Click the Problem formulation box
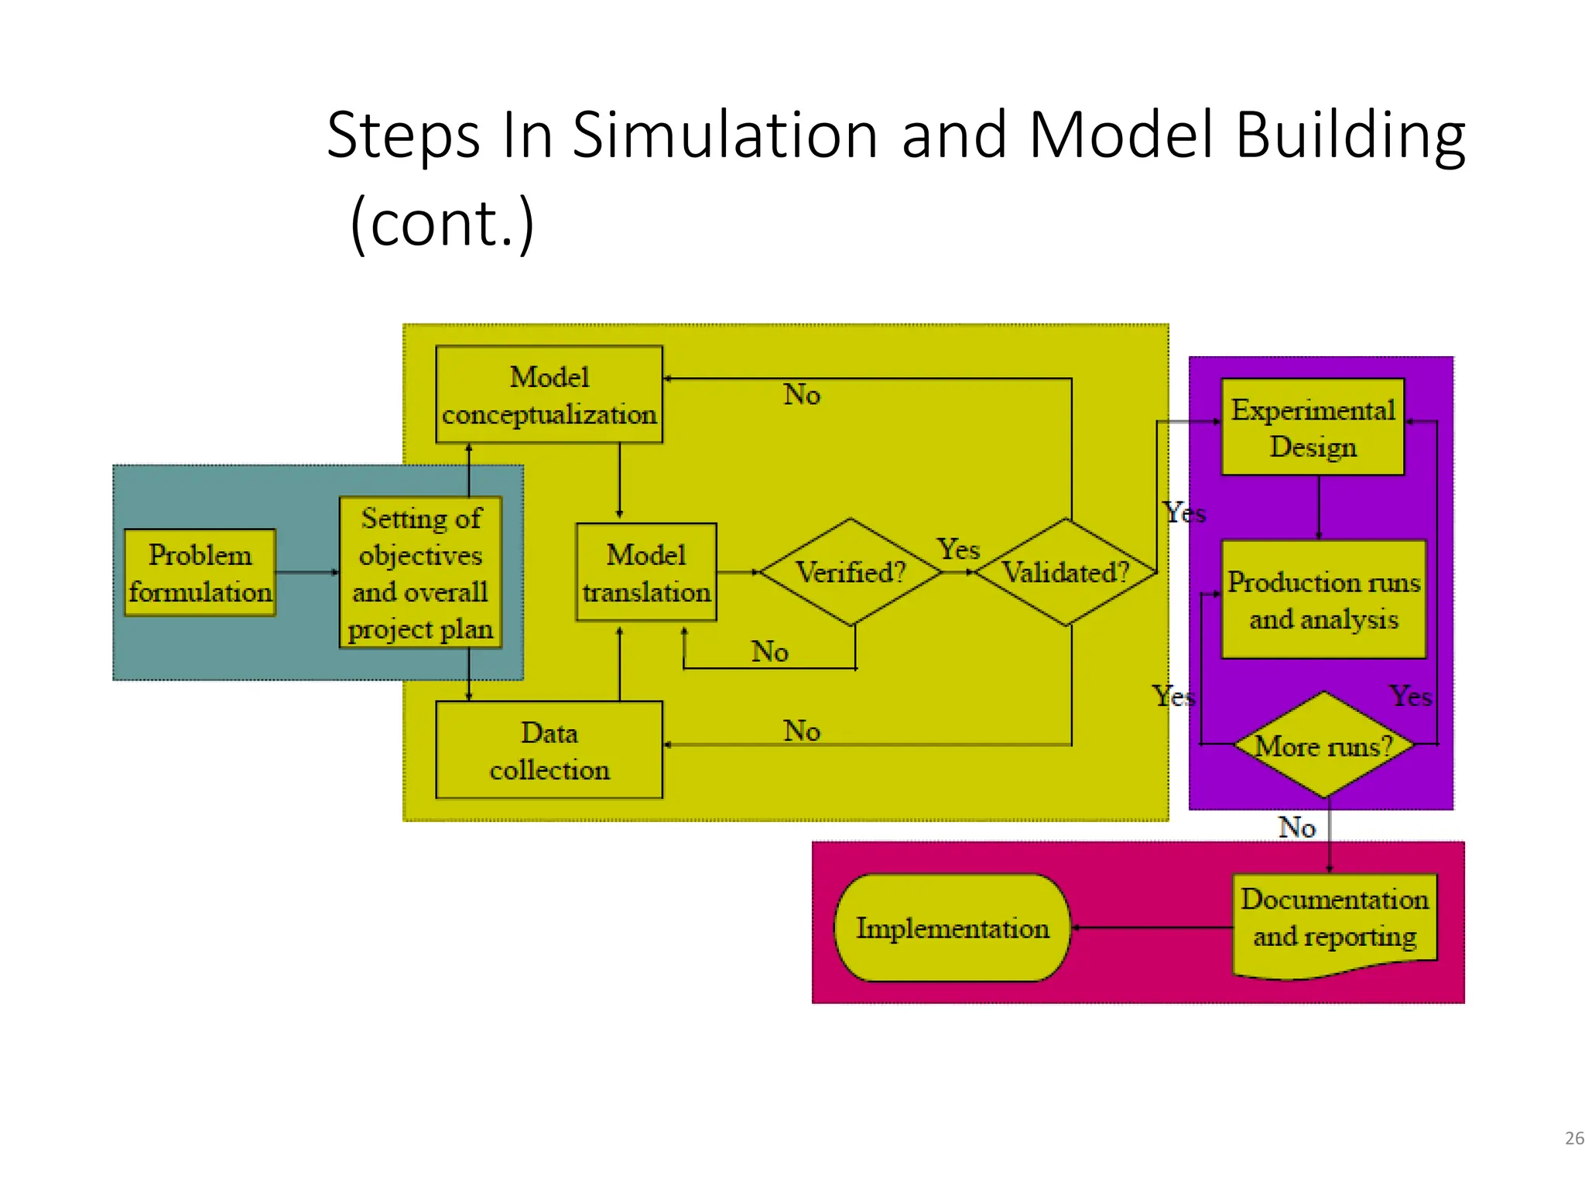pos(200,573)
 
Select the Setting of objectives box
pos(420,573)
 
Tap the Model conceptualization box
pos(549,395)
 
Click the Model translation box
pos(646,573)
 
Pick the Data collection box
pos(549,750)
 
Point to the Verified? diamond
pos(851,572)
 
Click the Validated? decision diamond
pos(1066,572)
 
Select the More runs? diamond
pos(1323,745)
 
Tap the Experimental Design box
pos(1313,427)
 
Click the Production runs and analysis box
pos(1323,600)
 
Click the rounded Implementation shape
pos(952,928)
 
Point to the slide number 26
pos(1573,1138)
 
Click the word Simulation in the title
pos(724,135)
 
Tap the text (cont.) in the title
pos(442,223)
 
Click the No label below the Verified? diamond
pos(770,652)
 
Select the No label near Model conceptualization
pos(802,395)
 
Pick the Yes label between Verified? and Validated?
pos(959,550)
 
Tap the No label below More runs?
pos(1297,828)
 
